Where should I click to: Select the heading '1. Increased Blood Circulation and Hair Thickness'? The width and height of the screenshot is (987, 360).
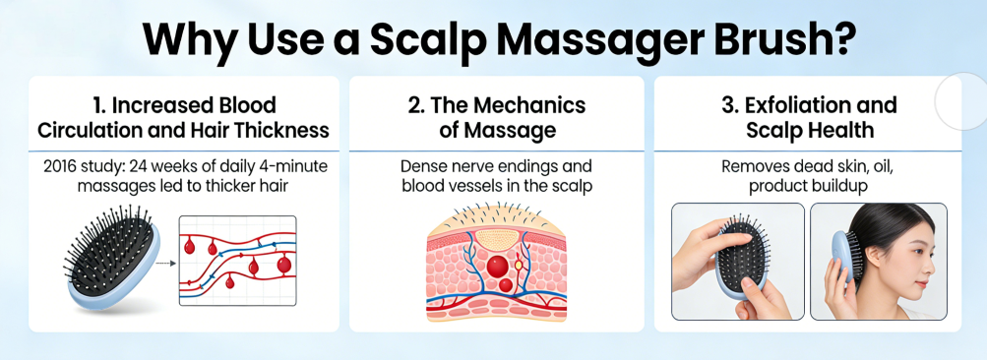(183, 117)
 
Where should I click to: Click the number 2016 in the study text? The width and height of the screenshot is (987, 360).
(64, 166)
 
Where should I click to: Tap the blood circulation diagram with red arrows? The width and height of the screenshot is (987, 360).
(237, 261)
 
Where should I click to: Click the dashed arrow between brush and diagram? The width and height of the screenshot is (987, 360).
(165, 263)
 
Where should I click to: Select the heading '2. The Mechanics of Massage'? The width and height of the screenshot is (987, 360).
(496, 117)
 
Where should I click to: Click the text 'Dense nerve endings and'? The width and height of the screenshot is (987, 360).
(496, 166)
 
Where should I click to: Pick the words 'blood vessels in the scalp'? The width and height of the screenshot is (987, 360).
(496, 186)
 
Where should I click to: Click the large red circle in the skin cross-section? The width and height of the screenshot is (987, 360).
(497, 266)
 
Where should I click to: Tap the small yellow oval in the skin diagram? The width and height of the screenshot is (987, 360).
(519, 264)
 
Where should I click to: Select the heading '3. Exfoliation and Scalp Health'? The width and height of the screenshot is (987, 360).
(807, 117)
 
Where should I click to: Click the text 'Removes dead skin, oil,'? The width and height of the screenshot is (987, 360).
(807, 166)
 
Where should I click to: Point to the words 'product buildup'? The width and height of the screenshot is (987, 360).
(807, 186)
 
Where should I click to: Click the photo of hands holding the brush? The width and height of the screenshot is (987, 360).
(738, 261)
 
